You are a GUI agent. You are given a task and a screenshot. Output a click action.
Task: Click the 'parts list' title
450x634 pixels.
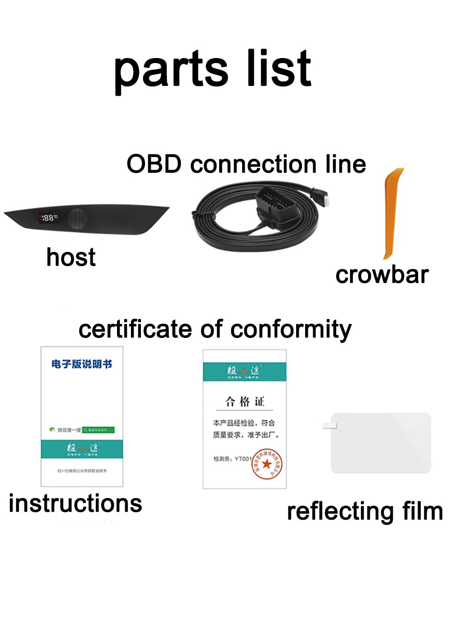[x=212, y=70]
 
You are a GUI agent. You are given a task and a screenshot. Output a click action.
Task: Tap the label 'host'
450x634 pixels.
[x=71, y=257]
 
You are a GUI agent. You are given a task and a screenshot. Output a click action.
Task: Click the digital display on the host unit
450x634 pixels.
[x=48, y=218]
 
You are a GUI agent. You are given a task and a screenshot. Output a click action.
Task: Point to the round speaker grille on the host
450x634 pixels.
[x=78, y=218]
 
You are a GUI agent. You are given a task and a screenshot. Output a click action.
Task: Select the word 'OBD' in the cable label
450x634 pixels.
[x=154, y=164]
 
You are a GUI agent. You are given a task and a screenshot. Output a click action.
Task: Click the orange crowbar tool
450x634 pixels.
[x=391, y=214]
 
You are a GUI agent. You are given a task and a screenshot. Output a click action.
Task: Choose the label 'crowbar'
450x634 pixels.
[x=382, y=274]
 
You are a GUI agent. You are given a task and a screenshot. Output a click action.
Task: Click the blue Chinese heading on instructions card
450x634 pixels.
[x=81, y=364]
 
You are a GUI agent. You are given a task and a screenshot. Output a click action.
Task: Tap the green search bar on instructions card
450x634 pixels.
[x=99, y=430]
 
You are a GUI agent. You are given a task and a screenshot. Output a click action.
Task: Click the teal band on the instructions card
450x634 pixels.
[x=82, y=449]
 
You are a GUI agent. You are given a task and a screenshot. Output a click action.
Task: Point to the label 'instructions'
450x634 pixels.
[x=75, y=503]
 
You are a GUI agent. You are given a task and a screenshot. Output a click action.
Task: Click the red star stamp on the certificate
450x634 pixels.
[x=267, y=464]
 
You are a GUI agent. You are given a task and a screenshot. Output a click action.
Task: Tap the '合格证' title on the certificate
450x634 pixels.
[x=244, y=401]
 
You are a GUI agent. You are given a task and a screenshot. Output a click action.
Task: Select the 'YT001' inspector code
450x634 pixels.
[x=243, y=459]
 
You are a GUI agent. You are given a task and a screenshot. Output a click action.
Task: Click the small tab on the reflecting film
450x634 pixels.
[x=330, y=425]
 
